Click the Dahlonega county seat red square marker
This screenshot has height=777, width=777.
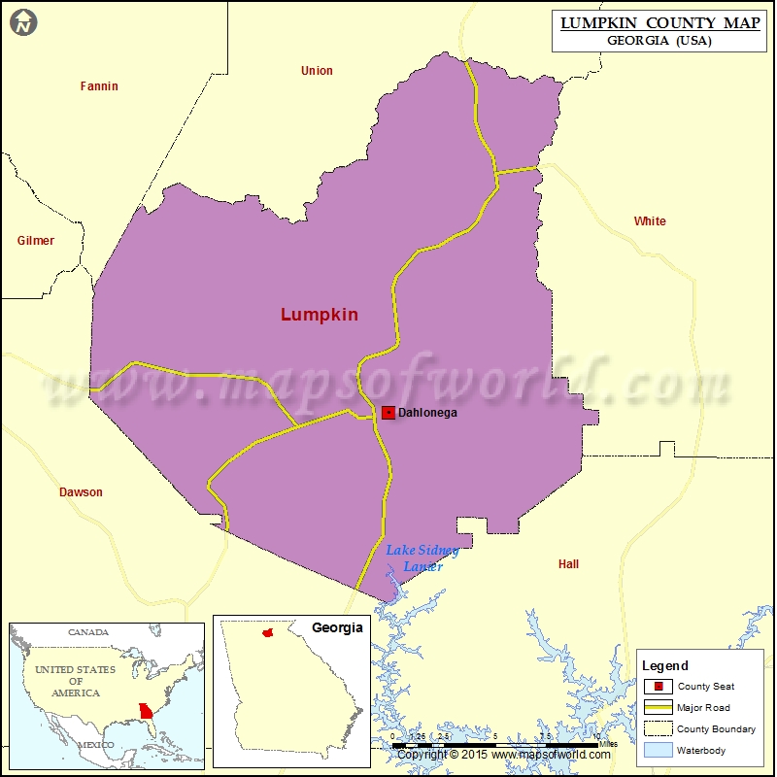click(x=388, y=413)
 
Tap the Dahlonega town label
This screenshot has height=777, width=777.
click(x=427, y=413)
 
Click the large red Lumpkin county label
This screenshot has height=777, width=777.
click(x=320, y=315)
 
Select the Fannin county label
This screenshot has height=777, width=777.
click(x=99, y=86)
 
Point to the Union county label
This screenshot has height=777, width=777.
click(x=317, y=71)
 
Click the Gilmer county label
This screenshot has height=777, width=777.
click(x=36, y=241)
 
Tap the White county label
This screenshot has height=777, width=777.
click(x=650, y=221)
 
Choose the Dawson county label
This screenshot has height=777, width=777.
click(x=81, y=492)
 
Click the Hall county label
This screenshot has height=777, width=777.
click(x=568, y=564)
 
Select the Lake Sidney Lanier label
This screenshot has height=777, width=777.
click(x=422, y=558)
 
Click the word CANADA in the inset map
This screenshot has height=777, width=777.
click(x=87, y=632)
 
